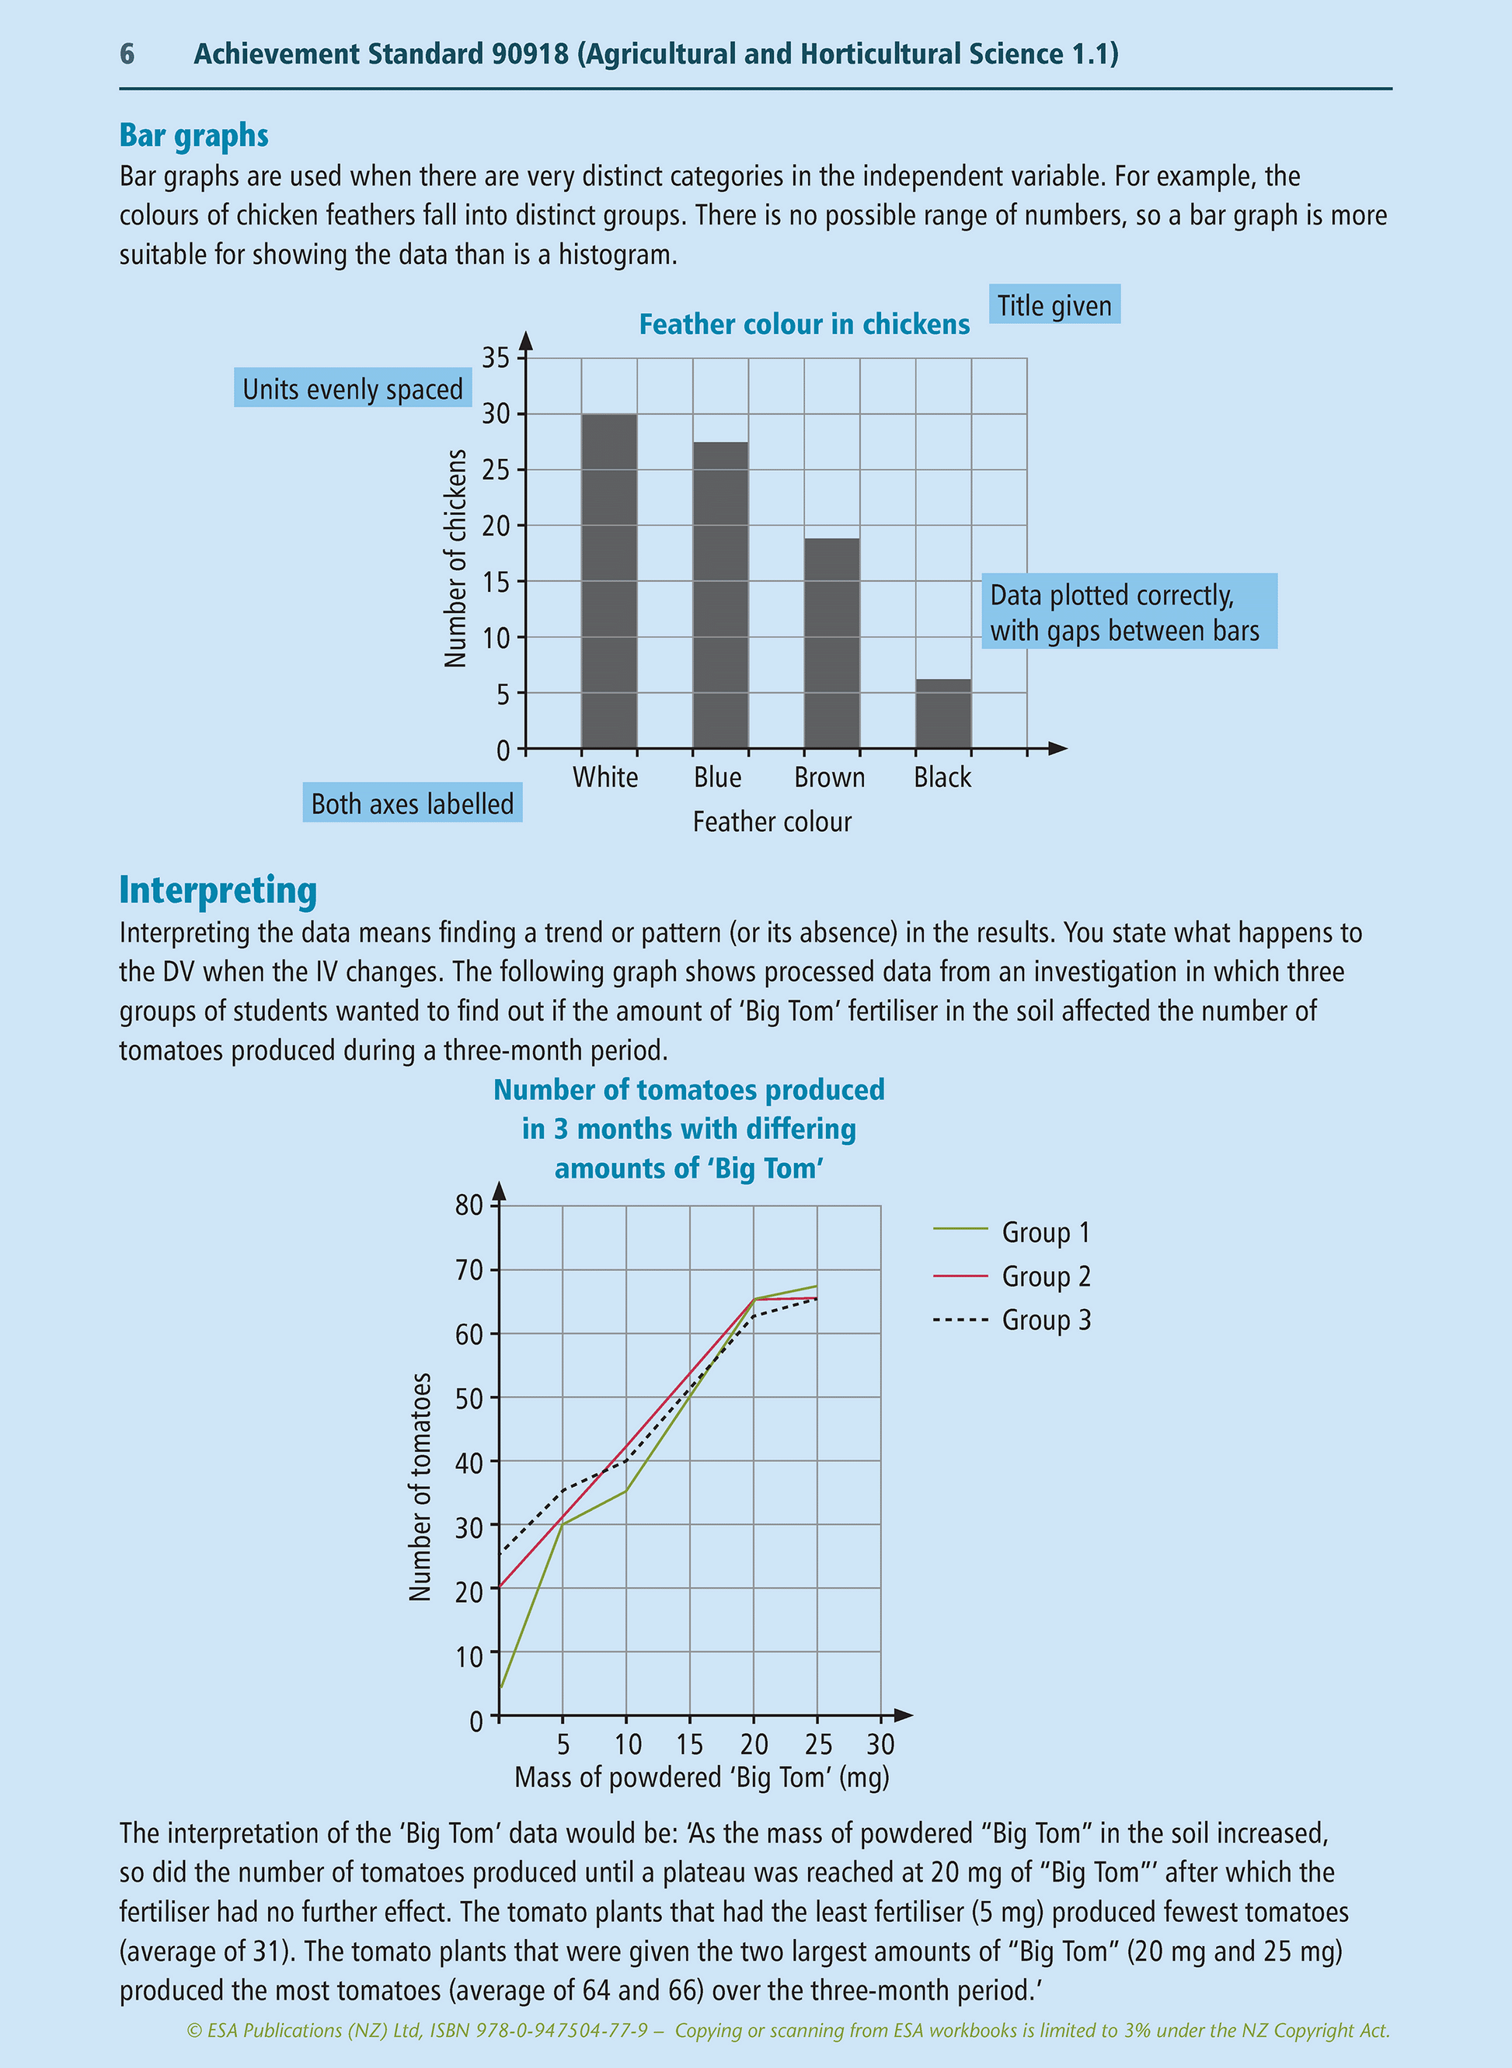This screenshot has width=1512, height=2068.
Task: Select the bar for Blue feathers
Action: click(x=720, y=595)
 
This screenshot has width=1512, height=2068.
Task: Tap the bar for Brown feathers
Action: click(x=832, y=643)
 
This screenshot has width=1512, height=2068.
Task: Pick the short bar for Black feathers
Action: click(x=942, y=714)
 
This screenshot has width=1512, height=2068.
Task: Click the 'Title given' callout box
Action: click(x=1054, y=305)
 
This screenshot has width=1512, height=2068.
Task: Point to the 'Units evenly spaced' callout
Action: click(x=353, y=389)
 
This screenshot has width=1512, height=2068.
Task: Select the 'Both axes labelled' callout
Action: click(x=412, y=803)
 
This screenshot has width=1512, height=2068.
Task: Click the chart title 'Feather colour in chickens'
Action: click(x=803, y=324)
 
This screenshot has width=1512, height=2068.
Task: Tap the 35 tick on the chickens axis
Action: click(x=496, y=358)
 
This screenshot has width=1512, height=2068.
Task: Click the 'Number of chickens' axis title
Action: click(x=455, y=559)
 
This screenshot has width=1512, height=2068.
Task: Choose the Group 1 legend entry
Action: click(x=1012, y=1233)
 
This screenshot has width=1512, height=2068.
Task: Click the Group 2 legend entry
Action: click(x=1012, y=1276)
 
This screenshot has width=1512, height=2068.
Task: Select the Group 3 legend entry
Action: click(x=1012, y=1321)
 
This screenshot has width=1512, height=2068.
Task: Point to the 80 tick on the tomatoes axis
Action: click(x=469, y=1205)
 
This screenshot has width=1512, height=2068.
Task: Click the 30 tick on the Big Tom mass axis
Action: click(x=880, y=1745)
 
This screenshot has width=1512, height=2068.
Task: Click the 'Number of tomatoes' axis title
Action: click(x=420, y=1487)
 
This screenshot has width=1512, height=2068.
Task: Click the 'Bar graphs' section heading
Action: click(x=194, y=135)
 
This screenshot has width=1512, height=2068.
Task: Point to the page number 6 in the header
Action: click(x=127, y=54)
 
